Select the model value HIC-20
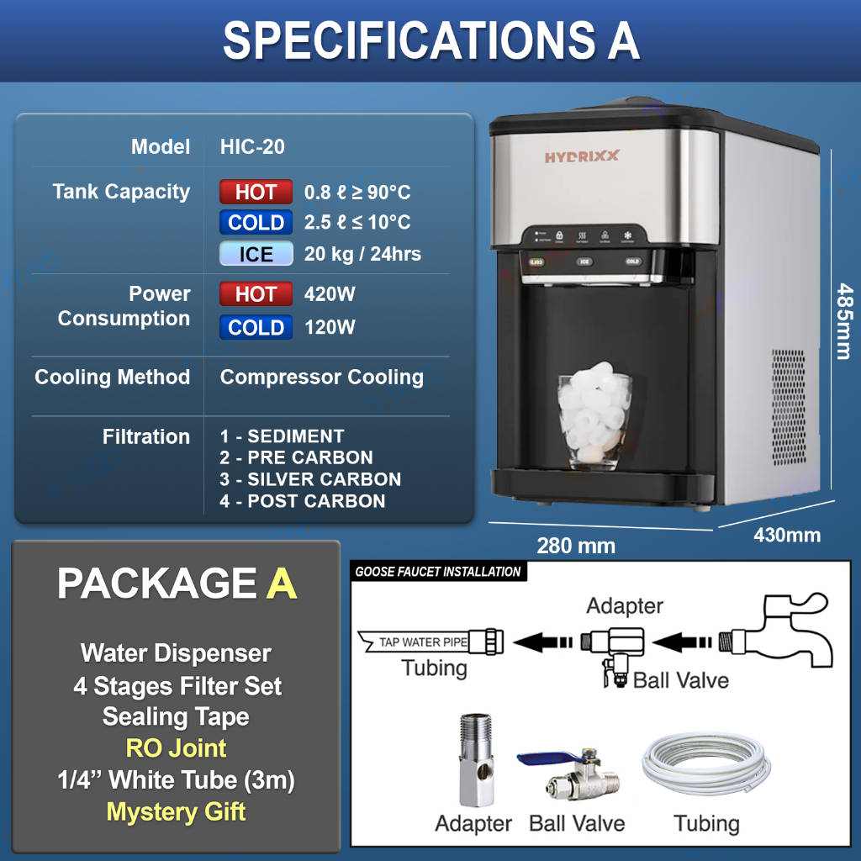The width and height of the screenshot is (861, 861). click(252, 146)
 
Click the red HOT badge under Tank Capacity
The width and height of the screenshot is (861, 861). click(256, 192)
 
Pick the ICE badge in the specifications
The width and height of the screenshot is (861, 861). click(256, 253)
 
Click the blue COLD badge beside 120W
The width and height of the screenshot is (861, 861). click(256, 327)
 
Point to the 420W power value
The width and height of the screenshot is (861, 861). click(330, 294)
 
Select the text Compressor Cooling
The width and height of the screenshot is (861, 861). click(321, 377)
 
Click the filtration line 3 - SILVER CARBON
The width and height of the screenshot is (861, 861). click(310, 479)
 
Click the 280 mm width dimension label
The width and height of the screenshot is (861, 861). click(576, 546)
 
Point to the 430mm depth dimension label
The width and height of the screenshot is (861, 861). click(787, 535)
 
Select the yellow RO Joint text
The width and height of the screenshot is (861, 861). click(176, 747)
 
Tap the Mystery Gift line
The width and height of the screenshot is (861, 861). click(176, 811)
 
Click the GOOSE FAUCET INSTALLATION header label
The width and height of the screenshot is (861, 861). click(438, 572)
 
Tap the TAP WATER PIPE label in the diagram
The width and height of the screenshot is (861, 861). click(422, 642)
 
